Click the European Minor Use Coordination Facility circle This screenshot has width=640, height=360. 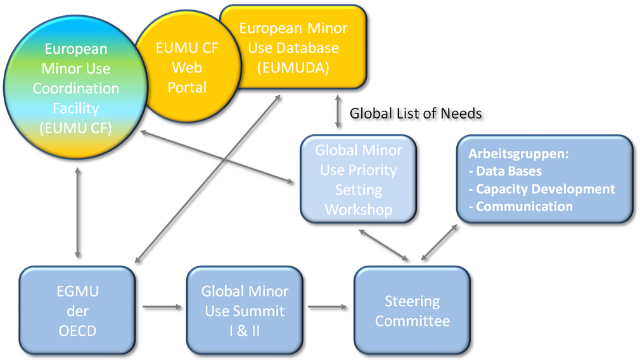coord(76,87)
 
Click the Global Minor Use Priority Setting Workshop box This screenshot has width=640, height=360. coord(359,179)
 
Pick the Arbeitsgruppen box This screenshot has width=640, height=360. coord(545,179)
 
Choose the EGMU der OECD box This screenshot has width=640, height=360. coord(77,310)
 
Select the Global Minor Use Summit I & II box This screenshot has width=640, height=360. coord(245,310)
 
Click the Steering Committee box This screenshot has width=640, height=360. coord(413,310)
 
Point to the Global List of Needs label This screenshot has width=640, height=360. coord(416,113)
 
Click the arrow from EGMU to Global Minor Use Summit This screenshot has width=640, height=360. coord(162,307)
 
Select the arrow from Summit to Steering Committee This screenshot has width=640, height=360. coord(328,307)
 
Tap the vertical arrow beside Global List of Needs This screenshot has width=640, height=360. coord(338,112)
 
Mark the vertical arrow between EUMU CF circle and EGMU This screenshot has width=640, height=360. coord(77,213)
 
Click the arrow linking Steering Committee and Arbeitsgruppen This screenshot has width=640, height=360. coord(439,242)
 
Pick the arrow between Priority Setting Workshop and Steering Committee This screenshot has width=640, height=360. coord(383,245)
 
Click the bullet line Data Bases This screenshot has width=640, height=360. coord(505,171)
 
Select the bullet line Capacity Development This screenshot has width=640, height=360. coord(542,189)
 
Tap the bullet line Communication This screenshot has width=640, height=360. coord(520,207)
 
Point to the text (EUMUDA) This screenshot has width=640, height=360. coord(293,68)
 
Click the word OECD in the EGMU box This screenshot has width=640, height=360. coord(77,331)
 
